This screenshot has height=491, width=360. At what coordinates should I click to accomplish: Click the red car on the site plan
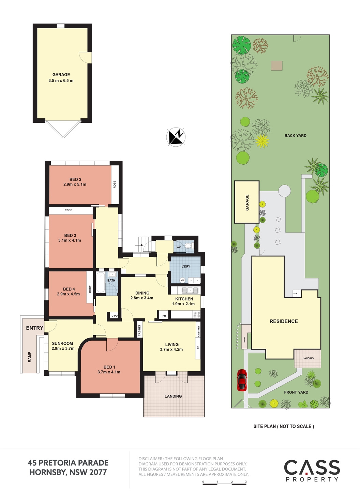click(x=242, y=380)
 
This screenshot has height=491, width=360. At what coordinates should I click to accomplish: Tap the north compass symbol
click(x=176, y=137)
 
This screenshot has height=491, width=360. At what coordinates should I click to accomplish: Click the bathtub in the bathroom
click(x=101, y=282)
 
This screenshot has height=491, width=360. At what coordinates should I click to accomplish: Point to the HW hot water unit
click(x=182, y=280)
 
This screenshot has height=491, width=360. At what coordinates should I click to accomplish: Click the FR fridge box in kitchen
click(x=164, y=316)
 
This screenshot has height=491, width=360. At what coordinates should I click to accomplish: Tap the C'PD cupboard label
click(x=115, y=316)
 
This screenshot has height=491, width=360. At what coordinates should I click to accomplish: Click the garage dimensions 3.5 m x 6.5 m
click(x=61, y=80)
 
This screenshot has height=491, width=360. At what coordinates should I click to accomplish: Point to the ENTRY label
click(x=35, y=328)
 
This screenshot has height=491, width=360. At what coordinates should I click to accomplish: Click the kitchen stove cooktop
click(x=197, y=314)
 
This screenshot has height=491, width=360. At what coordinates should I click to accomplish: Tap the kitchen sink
click(x=190, y=290)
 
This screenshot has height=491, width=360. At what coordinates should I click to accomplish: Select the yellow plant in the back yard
click(x=262, y=142)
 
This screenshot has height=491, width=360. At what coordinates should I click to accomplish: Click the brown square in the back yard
click(x=276, y=65)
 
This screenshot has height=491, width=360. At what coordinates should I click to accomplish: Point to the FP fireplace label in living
click(x=198, y=347)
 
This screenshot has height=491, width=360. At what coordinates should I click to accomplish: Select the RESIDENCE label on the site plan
click(x=284, y=321)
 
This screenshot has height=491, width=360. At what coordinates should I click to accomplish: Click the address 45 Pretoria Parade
click(x=68, y=463)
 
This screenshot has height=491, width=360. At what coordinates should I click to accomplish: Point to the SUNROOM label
click(x=62, y=343)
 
